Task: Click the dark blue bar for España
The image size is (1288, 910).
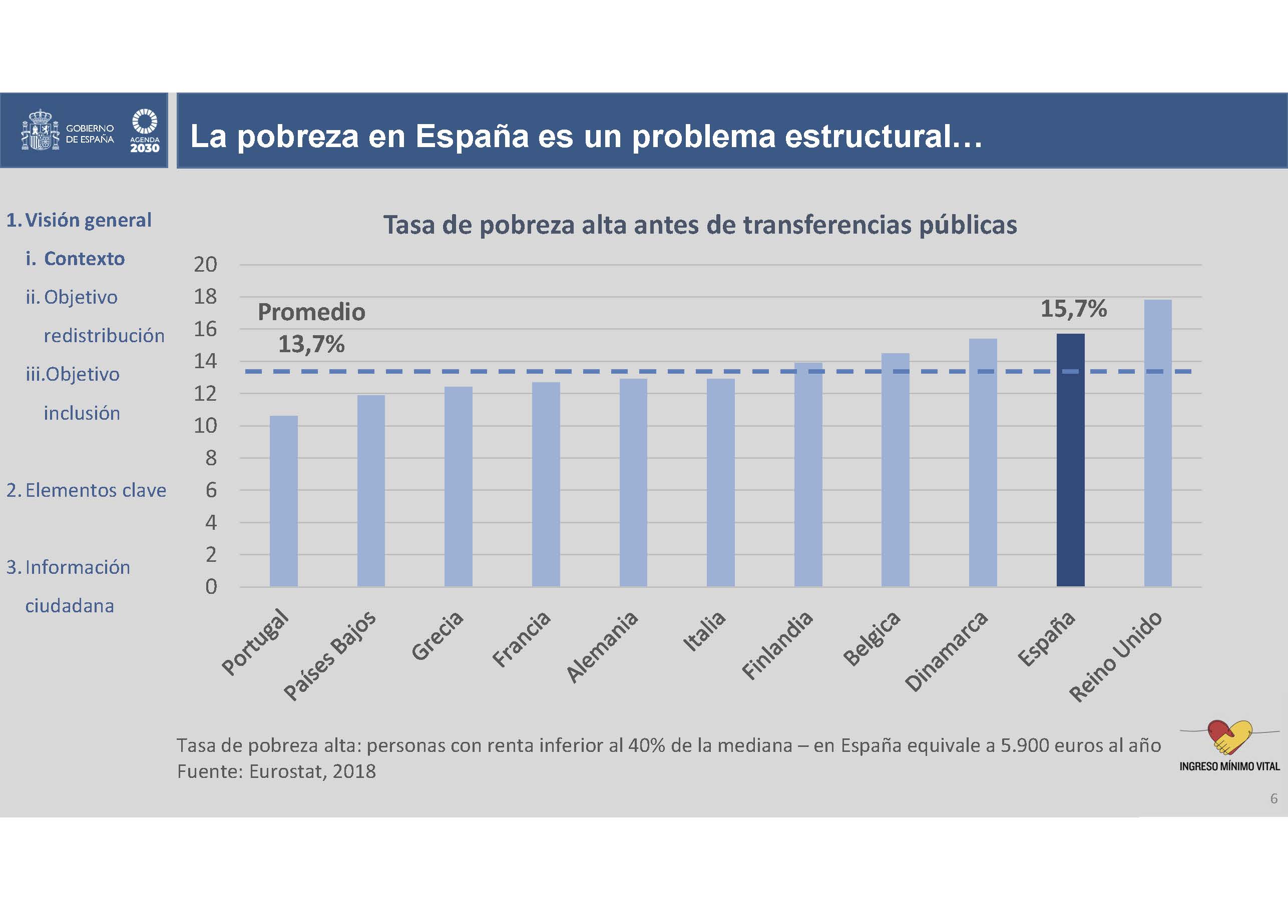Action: point(1070,460)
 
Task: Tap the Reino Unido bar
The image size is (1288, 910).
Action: point(1158,443)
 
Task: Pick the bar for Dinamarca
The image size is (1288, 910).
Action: point(983,463)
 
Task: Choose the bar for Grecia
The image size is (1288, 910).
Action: point(459,486)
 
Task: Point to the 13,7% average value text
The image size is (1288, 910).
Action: point(311,344)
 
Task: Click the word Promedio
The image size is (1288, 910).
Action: point(311,312)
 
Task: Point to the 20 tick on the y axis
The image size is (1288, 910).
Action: point(205,264)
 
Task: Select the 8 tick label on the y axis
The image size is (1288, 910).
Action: point(210,458)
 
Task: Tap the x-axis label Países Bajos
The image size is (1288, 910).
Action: point(330,655)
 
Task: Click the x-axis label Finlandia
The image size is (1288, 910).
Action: point(777,645)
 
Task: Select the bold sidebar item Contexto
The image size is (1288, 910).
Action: point(84,259)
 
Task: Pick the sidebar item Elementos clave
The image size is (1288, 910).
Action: point(96,490)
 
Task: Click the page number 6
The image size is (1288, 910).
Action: point(1273,798)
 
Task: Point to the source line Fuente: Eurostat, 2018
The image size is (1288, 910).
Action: point(276,771)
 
